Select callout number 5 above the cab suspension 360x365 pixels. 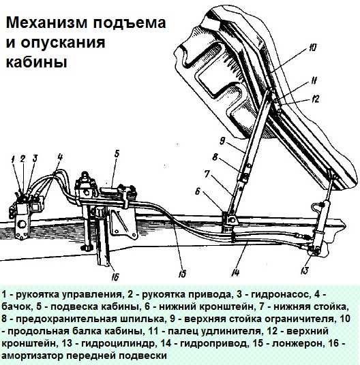pyautogui.click(x=117, y=153)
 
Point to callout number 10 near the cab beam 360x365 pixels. pyautogui.click(x=312, y=48)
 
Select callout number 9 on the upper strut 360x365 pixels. pyautogui.click(x=222, y=141)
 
